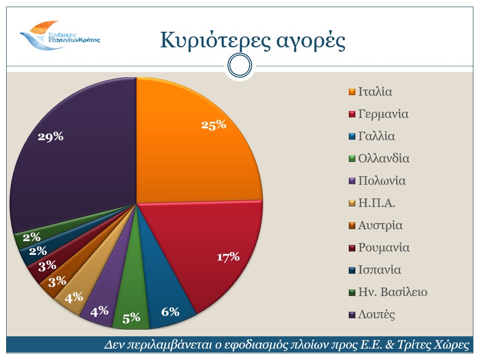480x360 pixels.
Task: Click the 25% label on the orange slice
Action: click(214, 126)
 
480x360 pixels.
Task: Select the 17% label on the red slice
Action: click(228, 257)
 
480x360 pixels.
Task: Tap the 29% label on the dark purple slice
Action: click(51, 136)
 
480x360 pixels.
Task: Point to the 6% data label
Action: click(170, 312)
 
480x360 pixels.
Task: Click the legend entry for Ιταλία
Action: click(375, 92)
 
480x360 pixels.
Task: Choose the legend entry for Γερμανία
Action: click(383, 114)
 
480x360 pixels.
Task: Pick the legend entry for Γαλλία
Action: click(376, 136)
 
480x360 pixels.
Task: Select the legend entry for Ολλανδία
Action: click(383, 159)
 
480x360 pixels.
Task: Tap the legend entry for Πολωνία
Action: click(381, 181)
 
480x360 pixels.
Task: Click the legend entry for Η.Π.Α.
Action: click(377, 203)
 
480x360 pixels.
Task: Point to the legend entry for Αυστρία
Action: click(380, 225)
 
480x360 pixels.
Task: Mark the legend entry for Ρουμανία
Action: click(383, 248)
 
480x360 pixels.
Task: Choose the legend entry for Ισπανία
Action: click(380, 270)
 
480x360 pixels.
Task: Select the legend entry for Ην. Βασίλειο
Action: click(392, 292)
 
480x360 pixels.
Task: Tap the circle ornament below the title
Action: click(240, 66)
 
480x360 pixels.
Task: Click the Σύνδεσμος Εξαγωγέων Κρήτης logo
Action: click(59, 36)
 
